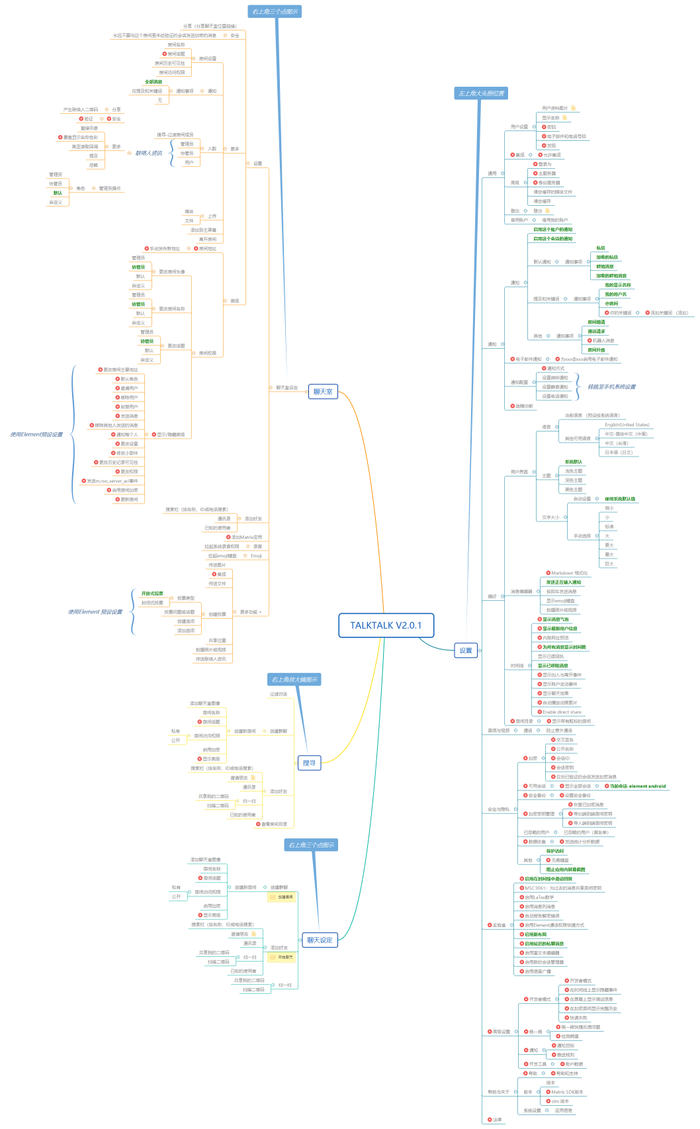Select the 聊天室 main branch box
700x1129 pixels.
pyautogui.click(x=323, y=392)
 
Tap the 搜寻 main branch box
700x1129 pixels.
pyautogui.click(x=309, y=763)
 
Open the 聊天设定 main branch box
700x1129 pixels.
pyautogui.click(x=320, y=940)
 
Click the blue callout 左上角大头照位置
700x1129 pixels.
pyautogui.click(x=481, y=93)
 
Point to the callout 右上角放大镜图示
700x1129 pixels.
pyautogui.click(x=294, y=680)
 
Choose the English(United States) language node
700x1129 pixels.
pyautogui.click(x=627, y=425)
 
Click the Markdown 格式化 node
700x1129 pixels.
pyautogui.click(x=569, y=573)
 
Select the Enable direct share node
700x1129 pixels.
pyautogui.click(x=562, y=712)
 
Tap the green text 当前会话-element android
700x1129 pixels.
pyautogui.click(x=637, y=786)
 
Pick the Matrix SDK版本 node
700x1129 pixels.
pyautogui.click(x=567, y=1092)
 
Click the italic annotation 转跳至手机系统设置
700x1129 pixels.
pyautogui.click(x=611, y=386)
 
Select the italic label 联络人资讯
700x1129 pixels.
pyautogui.click(x=149, y=153)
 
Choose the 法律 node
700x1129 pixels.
pyautogui.click(x=497, y=1120)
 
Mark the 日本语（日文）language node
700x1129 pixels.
pyautogui.click(x=618, y=453)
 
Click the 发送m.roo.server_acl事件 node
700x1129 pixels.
pyautogui.click(x=112, y=481)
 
